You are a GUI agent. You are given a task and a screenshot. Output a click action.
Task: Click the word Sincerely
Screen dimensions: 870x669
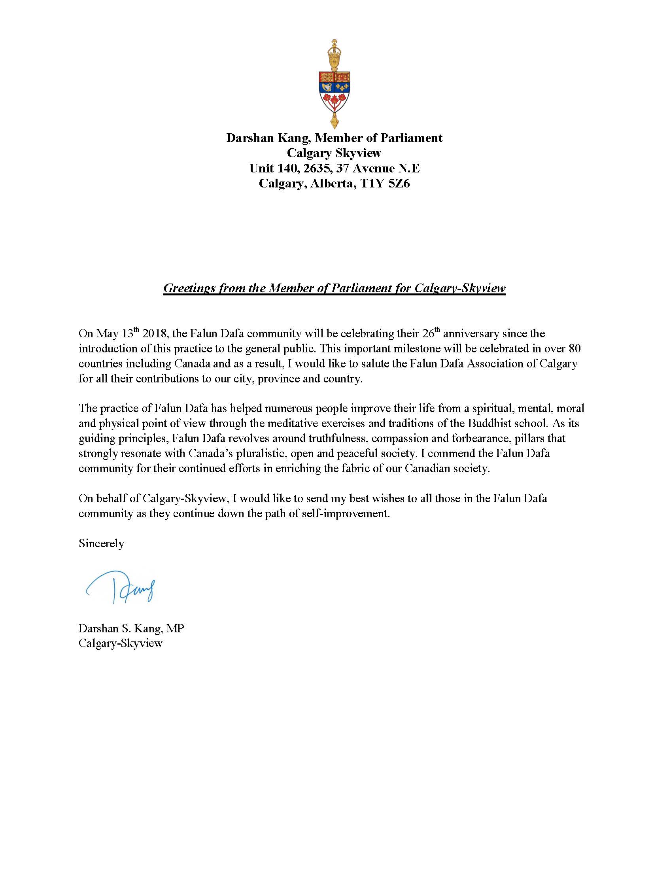coord(101,544)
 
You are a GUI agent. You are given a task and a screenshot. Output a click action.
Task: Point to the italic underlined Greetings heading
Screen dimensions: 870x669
coord(334,288)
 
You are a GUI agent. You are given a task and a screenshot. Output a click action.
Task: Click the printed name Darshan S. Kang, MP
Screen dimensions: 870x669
coord(131,629)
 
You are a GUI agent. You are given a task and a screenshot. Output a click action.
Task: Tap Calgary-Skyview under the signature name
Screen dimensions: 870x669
coord(120,643)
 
